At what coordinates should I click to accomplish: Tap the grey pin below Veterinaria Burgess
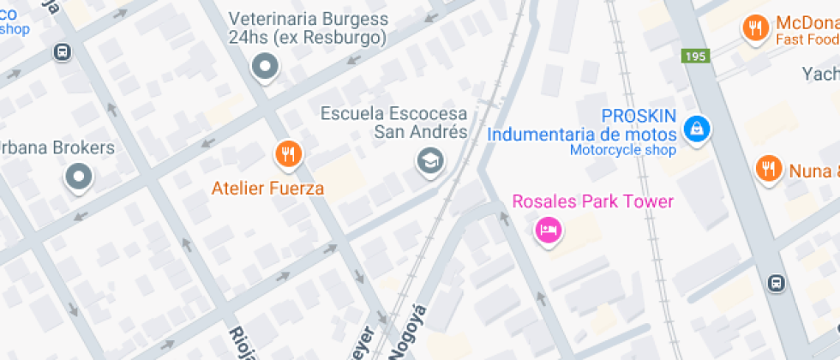point(265,66)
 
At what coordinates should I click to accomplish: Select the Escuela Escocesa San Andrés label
point(394,123)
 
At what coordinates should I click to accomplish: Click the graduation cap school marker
point(429,159)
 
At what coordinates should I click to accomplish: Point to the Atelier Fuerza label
point(268,188)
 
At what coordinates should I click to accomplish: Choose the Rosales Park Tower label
point(592,201)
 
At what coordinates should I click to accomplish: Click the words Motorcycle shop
point(622,151)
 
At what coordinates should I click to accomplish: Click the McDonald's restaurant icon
point(754,27)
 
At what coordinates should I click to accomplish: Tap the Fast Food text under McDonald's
point(807,40)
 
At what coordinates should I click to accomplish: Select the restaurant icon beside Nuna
point(768,168)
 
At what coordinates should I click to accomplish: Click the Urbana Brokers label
point(57,147)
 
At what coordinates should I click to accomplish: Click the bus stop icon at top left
point(62,52)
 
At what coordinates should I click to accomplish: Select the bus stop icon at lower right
point(776,282)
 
